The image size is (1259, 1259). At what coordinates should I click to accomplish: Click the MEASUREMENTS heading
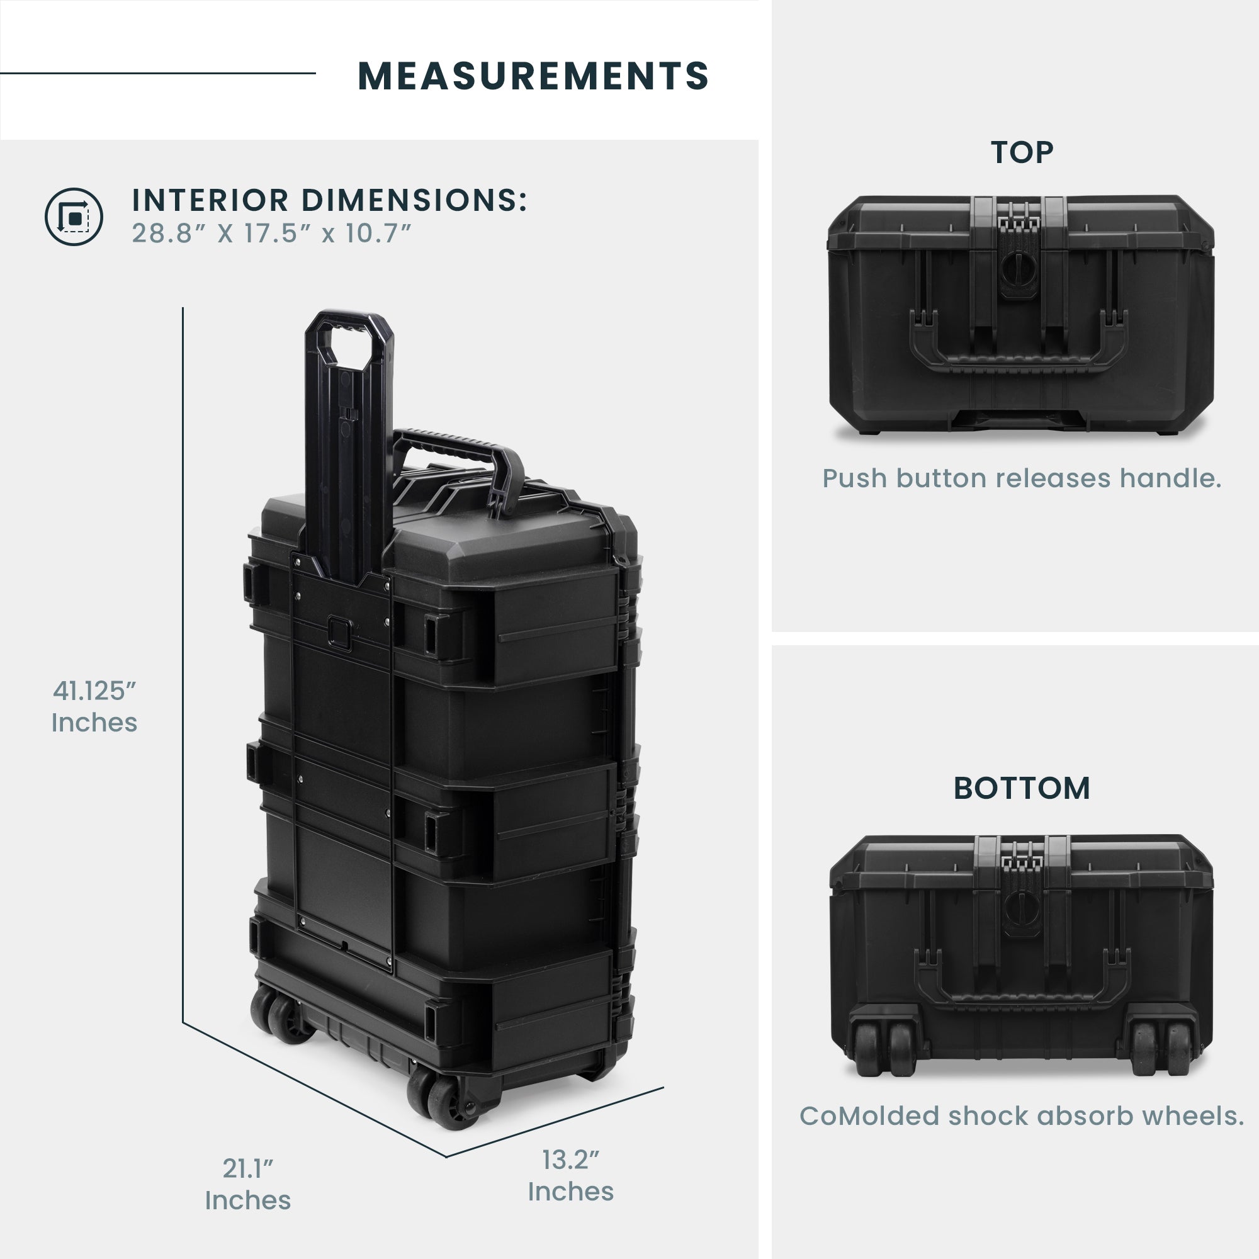click(x=533, y=76)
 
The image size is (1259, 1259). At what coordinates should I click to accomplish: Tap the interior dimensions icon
click(x=74, y=217)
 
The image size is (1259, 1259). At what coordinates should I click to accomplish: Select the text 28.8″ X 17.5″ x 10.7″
click(x=272, y=234)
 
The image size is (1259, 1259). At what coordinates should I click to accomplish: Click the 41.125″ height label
click(x=94, y=706)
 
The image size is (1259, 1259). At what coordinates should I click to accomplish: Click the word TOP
click(x=1021, y=152)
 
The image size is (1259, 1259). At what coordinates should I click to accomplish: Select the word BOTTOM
click(x=1021, y=789)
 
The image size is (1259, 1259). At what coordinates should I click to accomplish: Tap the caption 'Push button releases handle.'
click(x=1021, y=478)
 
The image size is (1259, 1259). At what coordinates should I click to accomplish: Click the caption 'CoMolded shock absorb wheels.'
click(x=1021, y=1116)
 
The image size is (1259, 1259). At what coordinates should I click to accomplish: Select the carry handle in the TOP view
click(x=1017, y=358)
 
